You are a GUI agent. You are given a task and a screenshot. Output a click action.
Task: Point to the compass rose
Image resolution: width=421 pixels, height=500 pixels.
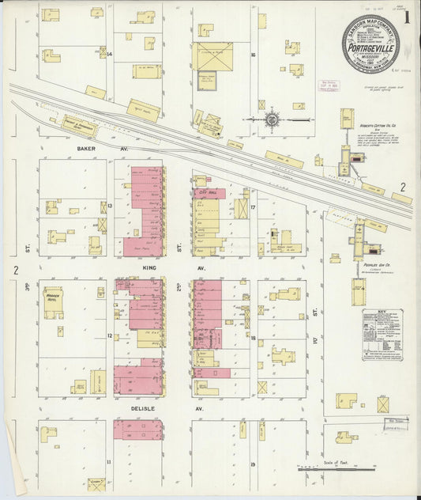point(272,119)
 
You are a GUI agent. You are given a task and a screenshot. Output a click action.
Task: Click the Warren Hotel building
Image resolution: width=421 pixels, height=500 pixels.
point(54,302)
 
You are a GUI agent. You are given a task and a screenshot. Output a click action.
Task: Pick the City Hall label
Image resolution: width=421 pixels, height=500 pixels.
point(209,193)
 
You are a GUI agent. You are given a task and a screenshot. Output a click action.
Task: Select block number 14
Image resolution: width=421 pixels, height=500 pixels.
point(111,54)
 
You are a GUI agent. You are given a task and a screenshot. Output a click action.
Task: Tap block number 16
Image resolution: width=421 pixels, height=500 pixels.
point(253,55)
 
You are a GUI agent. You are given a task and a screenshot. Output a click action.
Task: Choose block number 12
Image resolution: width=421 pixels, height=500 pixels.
point(111,336)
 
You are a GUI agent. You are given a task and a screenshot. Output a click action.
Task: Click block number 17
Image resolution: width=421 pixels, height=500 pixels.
point(253,208)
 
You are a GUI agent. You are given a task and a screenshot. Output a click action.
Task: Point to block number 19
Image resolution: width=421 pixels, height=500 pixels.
point(253,464)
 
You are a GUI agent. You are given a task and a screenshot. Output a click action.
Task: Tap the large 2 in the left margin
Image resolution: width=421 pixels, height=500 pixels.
point(15,271)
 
